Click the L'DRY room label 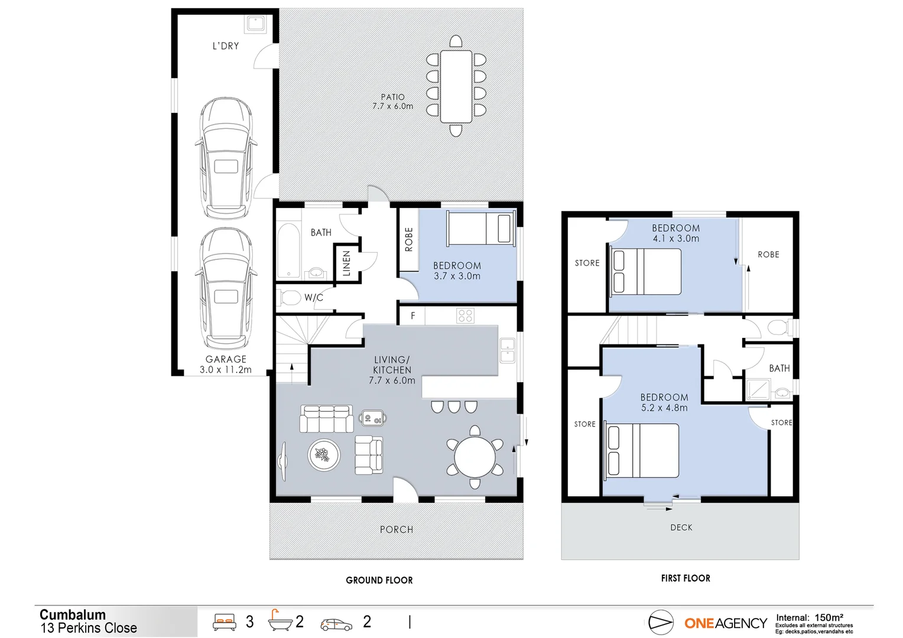point(226,45)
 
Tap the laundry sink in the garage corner point(257,24)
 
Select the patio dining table point(456,86)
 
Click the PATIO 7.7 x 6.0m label point(392,102)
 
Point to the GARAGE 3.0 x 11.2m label point(226,364)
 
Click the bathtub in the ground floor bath point(288,250)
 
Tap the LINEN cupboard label point(347,263)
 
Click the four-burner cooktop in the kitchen point(465,316)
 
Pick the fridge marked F point(412,316)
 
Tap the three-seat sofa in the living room point(326,419)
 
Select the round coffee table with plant point(323,455)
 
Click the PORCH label point(397,530)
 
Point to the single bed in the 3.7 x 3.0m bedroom point(479,229)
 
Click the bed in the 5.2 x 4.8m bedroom point(643,450)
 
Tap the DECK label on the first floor point(681,528)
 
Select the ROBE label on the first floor point(768,255)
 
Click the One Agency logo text point(725,623)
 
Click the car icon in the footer point(336,624)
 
